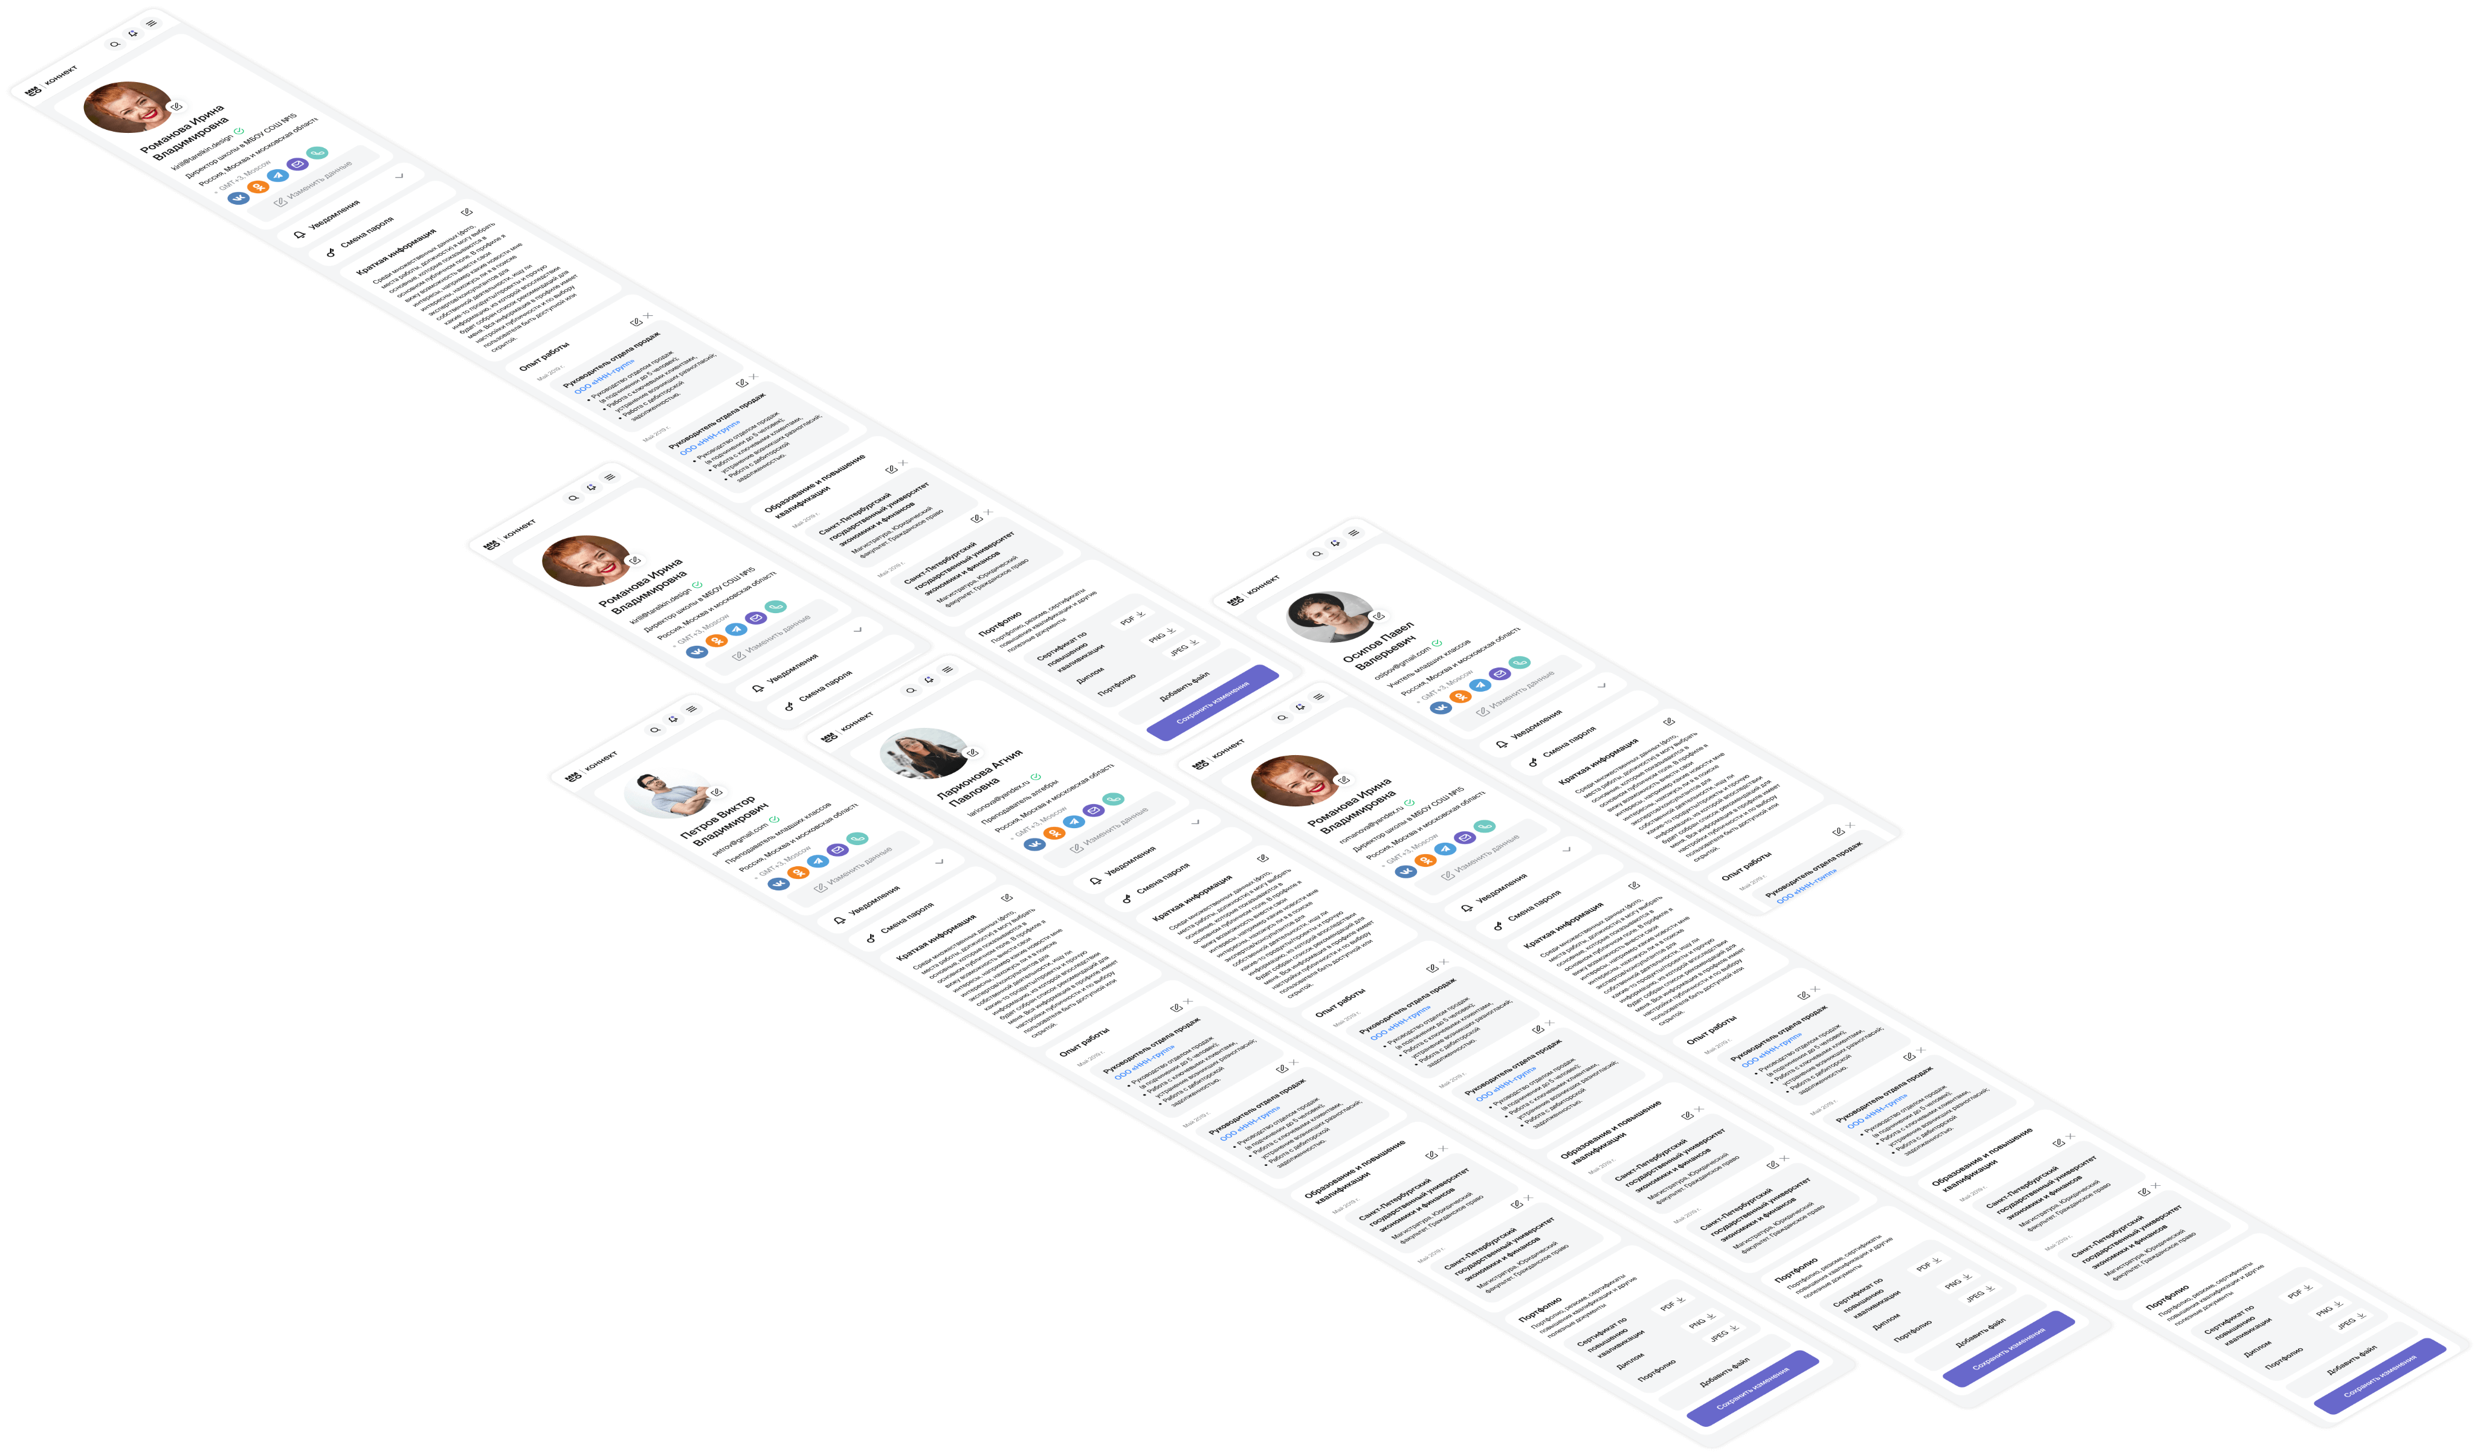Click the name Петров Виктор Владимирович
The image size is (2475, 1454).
(x=725, y=822)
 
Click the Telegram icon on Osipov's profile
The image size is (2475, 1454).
(x=1480, y=684)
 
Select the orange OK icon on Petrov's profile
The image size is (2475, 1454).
(x=798, y=872)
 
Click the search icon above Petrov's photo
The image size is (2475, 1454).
(x=655, y=730)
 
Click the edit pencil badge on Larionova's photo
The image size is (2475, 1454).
(x=972, y=753)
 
